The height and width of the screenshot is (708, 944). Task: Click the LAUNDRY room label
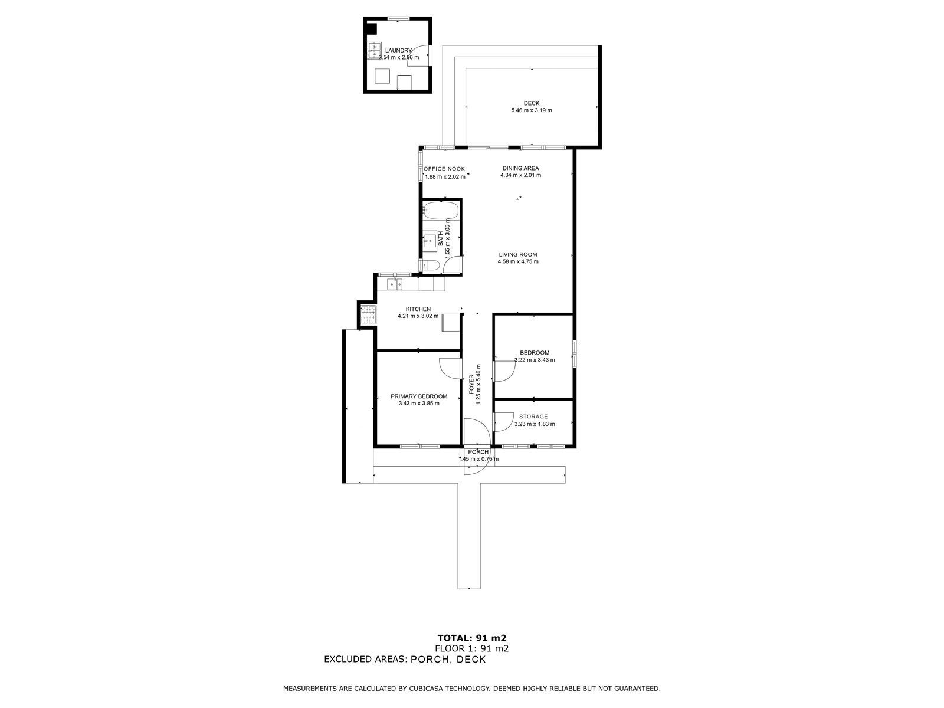(398, 50)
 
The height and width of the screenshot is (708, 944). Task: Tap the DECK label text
(532, 103)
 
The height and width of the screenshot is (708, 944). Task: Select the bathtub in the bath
(441, 211)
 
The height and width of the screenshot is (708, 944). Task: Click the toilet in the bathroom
(430, 265)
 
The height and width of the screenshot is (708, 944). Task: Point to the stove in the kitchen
(369, 314)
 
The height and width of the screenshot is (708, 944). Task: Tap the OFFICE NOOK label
(444, 169)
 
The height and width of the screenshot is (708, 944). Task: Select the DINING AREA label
(520, 168)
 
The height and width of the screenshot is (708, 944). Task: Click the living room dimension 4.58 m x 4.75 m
(518, 261)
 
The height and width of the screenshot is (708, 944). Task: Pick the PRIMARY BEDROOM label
(419, 396)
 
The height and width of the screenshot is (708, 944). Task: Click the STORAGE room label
(533, 417)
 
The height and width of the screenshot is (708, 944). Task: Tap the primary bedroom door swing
(450, 368)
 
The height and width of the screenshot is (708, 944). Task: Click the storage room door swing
(503, 422)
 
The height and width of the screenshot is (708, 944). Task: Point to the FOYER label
(471, 384)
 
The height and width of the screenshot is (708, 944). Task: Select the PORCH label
(478, 452)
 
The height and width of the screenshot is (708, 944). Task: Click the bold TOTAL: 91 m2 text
(472, 638)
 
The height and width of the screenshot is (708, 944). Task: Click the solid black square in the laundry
(371, 28)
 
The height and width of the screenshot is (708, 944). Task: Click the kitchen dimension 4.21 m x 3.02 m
(418, 316)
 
